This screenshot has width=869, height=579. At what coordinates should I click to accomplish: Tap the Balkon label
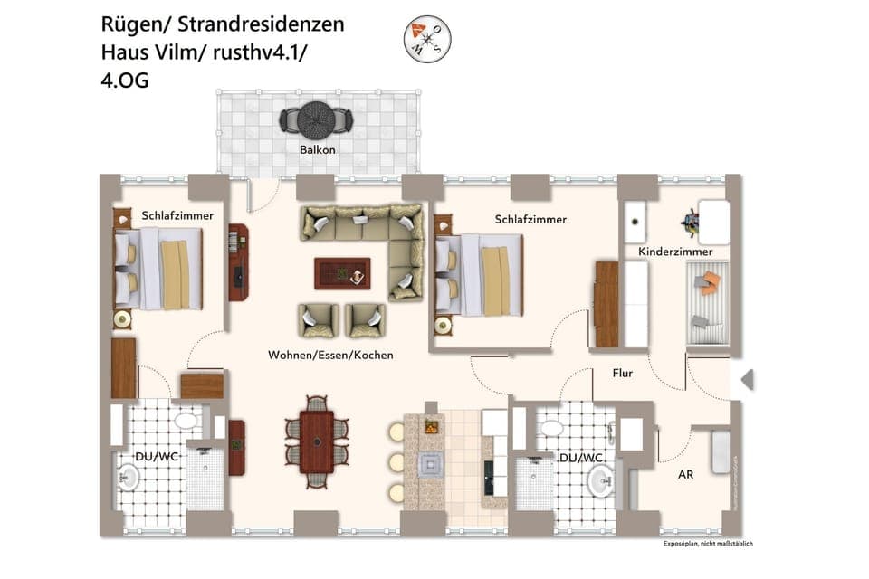point(318,149)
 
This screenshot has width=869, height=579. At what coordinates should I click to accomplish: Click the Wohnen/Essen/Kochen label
point(330,356)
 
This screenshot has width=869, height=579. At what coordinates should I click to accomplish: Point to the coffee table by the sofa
point(342,273)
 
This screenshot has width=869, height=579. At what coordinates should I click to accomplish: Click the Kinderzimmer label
point(674,252)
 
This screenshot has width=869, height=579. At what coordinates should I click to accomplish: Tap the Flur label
point(622,373)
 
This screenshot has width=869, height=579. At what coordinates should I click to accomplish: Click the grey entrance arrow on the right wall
point(747,380)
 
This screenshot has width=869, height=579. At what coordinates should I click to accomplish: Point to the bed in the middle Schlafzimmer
point(480,274)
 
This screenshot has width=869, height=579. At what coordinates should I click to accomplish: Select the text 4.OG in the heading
point(125,81)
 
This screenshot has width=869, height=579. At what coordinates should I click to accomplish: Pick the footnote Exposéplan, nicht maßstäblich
point(707,544)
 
